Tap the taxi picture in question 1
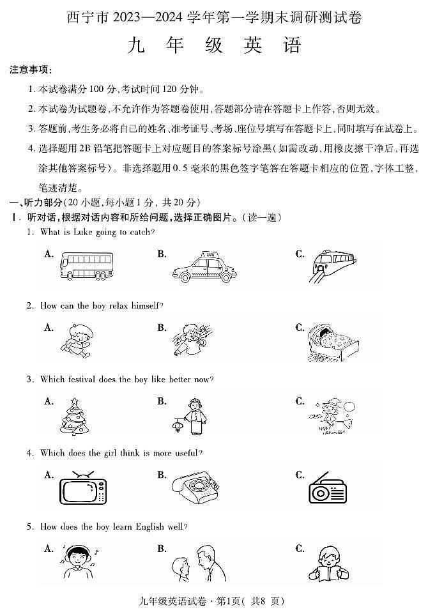(x=204, y=268)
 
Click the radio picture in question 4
(x=327, y=490)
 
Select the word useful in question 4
(x=186, y=453)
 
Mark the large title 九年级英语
(x=214, y=46)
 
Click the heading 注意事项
(x=31, y=70)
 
